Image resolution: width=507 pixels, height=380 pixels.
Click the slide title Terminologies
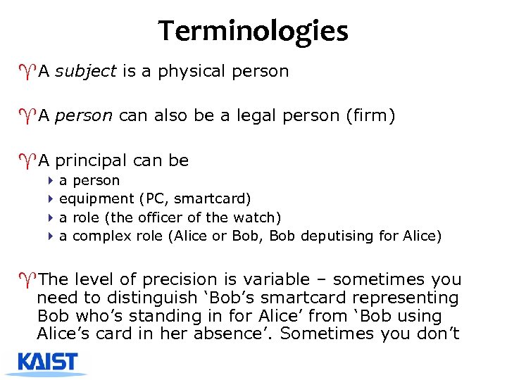pyautogui.click(x=253, y=31)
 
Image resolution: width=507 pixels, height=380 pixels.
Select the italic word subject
pyautogui.click(x=84, y=71)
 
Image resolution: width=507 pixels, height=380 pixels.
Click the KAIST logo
pyautogui.click(x=47, y=362)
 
